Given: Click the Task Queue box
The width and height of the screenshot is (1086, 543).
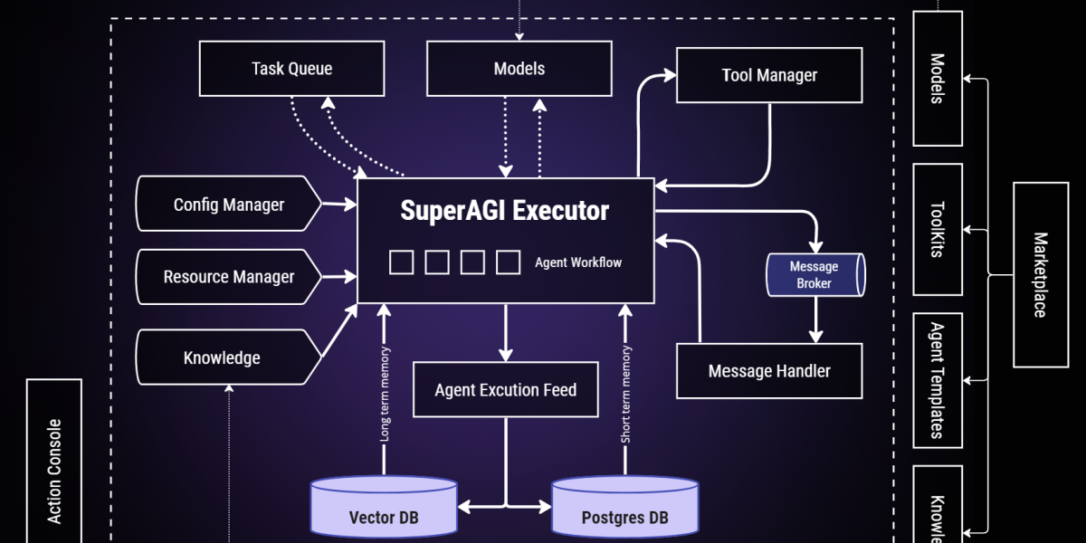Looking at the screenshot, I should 291,69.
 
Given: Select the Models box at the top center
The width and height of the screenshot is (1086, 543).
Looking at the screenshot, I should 519,69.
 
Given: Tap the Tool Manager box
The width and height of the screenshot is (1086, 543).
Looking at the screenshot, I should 769,75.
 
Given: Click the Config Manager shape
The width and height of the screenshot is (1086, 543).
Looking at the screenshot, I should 229,205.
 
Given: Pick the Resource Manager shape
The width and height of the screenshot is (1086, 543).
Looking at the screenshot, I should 228,277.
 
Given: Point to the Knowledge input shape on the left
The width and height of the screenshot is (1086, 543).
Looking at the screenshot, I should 223,357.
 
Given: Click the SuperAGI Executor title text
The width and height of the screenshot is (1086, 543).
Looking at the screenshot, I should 505,211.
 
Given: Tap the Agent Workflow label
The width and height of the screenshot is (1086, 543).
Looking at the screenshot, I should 578,262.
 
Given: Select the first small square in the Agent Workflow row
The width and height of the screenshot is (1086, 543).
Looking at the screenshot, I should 401,262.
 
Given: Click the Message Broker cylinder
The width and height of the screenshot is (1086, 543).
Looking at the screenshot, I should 814,275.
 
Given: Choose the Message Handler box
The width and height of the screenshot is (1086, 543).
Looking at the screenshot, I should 769,371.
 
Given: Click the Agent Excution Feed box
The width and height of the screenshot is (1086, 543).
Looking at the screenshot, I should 505,390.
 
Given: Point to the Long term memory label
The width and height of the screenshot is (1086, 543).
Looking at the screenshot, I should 385,394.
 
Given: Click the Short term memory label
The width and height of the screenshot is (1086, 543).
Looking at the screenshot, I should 625,394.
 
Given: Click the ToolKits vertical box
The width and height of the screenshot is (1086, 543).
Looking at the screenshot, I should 938,230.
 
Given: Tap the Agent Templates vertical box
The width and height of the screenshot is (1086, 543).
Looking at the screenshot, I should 938,380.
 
